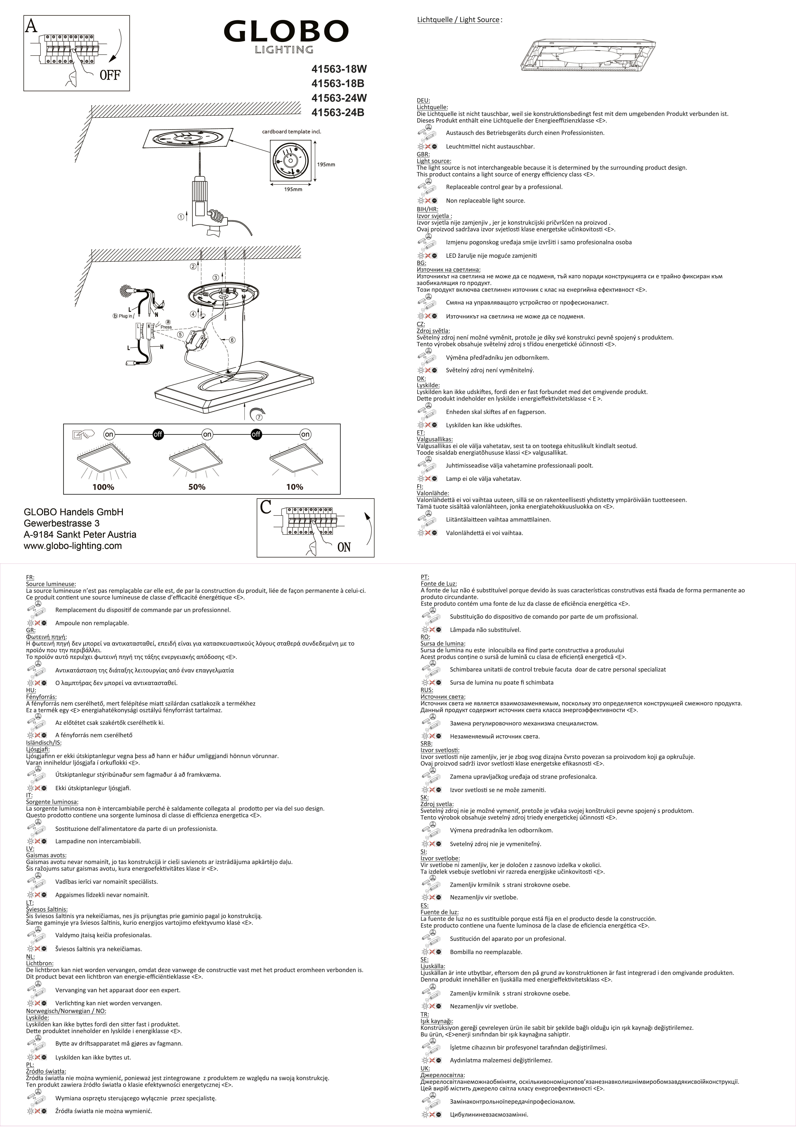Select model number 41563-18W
point(339,69)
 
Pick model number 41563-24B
point(338,112)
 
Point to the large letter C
point(266,507)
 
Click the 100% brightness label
point(103,487)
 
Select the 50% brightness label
point(197,487)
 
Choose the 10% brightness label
point(295,487)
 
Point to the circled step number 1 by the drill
point(181,216)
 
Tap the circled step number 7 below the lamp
point(259,417)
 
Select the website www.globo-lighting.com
point(73,546)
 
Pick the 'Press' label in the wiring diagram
point(166,327)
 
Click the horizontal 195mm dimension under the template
point(293,190)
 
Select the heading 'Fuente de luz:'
point(439,912)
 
